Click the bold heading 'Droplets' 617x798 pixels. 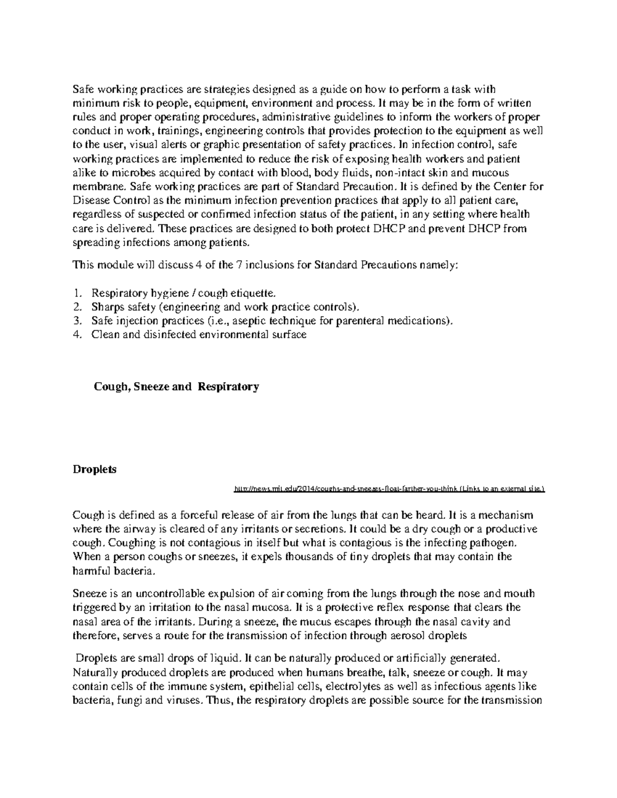point(95,469)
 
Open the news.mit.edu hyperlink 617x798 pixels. point(389,489)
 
